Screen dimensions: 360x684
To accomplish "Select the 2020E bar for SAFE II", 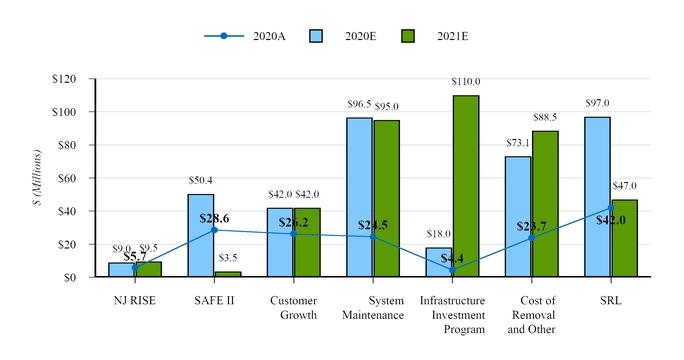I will pyautogui.click(x=201, y=235).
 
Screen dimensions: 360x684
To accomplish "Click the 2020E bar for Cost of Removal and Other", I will pyautogui.click(x=518, y=216).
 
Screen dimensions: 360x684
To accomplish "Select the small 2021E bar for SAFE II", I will pyautogui.click(x=228, y=273).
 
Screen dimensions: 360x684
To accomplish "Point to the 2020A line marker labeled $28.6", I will pyautogui.click(x=214, y=230).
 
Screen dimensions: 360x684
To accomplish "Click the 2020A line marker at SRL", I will pyautogui.click(x=611, y=208).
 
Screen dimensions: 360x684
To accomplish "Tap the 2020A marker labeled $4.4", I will pyautogui.click(x=452, y=270).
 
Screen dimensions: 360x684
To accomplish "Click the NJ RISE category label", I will pyautogui.click(x=135, y=301).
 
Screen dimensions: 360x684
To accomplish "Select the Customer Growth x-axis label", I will pyautogui.click(x=293, y=308).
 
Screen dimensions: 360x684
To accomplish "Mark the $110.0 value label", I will pyautogui.click(x=465, y=82).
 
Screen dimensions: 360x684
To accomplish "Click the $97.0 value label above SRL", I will pyautogui.click(x=597, y=103).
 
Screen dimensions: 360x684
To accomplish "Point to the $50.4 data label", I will pyautogui.click(x=200, y=180).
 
